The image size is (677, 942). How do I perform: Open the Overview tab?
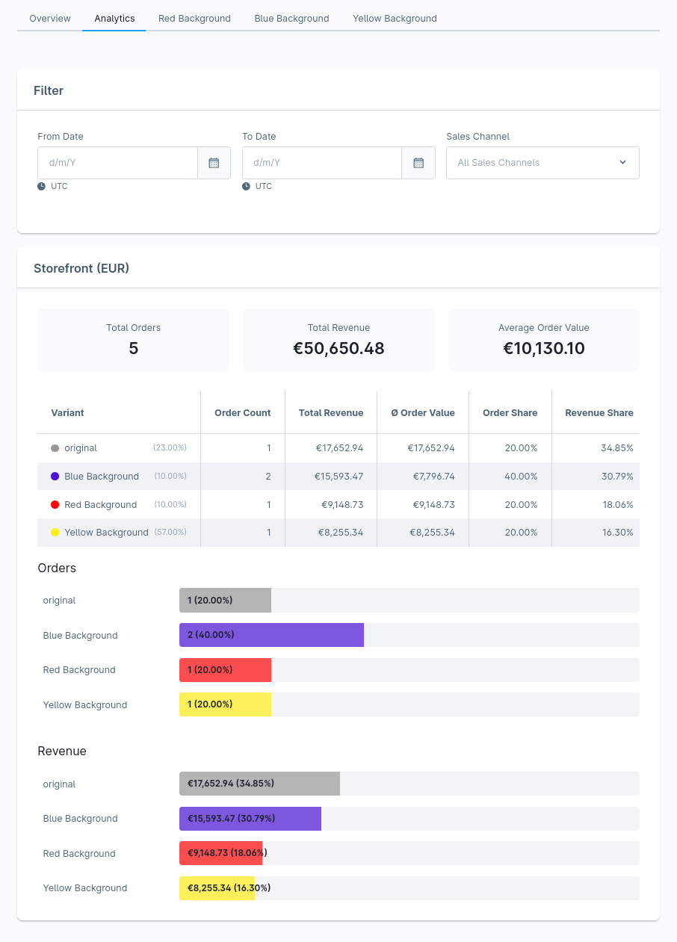tap(49, 19)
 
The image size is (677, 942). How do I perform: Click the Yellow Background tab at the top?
tap(395, 19)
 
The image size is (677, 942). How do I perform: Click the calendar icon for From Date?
tap(214, 163)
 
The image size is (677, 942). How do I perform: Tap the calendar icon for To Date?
tap(418, 163)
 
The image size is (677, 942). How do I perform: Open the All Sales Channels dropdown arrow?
tap(622, 162)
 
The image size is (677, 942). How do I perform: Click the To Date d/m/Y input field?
tap(322, 163)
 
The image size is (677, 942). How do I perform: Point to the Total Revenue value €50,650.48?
tap(338, 348)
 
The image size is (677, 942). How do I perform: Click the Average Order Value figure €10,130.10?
tap(544, 348)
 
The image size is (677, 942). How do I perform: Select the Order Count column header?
tap(242, 412)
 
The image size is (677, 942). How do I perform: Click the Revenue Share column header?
tap(599, 412)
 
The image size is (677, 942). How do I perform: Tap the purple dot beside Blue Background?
tap(55, 476)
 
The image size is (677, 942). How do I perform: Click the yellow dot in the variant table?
tap(55, 532)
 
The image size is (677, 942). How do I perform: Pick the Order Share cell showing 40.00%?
tap(521, 476)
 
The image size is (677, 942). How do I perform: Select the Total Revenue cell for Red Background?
tap(342, 504)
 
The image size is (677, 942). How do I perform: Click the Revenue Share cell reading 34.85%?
tap(616, 448)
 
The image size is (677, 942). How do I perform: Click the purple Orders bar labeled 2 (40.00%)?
tap(271, 634)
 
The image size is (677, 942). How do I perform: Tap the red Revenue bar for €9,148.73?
tap(220, 853)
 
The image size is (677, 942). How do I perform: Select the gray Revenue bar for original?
tap(259, 784)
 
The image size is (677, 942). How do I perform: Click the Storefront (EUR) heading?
tap(81, 268)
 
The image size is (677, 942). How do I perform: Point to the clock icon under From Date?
tap(41, 186)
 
